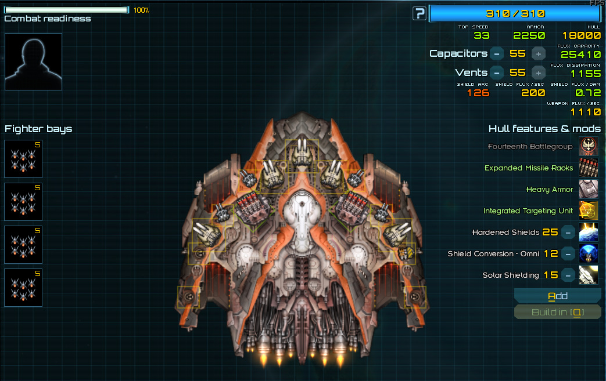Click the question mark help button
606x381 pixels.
[x=419, y=13]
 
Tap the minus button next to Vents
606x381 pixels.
[x=496, y=72]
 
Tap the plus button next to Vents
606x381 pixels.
[x=539, y=72]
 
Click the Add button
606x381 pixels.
[x=557, y=296]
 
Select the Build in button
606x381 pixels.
[x=557, y=313]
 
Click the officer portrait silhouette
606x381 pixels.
[x=33, y=61]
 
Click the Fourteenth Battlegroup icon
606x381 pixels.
[x=589, y=147]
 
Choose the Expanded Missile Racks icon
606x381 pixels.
[x=589, y=168]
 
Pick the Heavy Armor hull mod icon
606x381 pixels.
[x=589, y=190]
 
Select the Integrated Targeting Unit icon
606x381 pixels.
[x=589, y=211]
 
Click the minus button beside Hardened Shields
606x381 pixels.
[x=568, y=233]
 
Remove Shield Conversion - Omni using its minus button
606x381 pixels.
[x=568, y=254]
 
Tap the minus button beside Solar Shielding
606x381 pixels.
[x=568, y=275]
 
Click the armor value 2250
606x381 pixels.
[x=529, y=35]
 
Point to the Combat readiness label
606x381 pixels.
[x=48, y=19]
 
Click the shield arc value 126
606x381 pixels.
[x=478, y=93]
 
